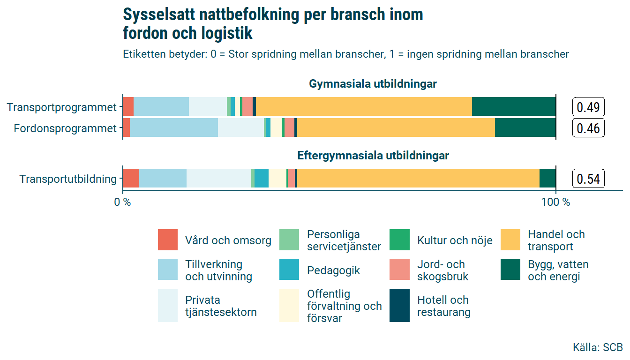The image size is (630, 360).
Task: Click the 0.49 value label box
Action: (588, 107)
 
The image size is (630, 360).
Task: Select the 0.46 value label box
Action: (588, 128)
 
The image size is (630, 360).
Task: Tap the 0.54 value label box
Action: (588, 179)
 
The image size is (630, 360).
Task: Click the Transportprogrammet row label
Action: (61, 107)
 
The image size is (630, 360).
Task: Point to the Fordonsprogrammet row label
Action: (65, 128)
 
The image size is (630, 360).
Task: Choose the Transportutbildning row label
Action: (68, 179)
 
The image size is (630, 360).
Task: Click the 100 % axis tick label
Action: (555, 202)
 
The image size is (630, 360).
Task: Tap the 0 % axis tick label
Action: (123, 202)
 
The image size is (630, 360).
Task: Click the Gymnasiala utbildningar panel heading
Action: (373, 84)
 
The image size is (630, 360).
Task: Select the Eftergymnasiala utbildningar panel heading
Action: (373, 156)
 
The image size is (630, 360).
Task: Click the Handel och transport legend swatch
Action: (510, 240)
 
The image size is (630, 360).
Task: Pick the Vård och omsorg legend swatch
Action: (168, 240)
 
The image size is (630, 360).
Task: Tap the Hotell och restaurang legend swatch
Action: (400, 306)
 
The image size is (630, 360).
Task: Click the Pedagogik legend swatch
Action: (289, 270)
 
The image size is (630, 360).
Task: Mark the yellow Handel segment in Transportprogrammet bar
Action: (364, 106)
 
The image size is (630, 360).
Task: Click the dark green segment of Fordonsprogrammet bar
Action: (525, 128)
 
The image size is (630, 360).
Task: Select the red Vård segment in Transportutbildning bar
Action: (131, 178)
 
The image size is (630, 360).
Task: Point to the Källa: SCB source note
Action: (598, 347)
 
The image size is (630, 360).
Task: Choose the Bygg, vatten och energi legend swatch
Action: (510, 270)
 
